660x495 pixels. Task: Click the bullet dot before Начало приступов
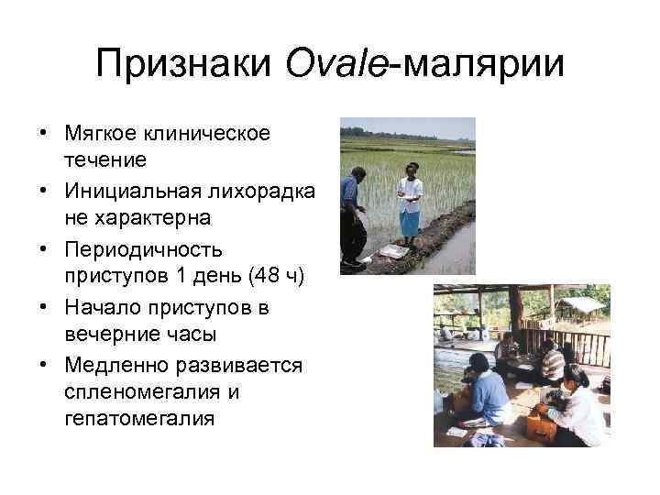(x=43, y=307)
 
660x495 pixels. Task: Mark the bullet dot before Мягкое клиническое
(x=43, y=135)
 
